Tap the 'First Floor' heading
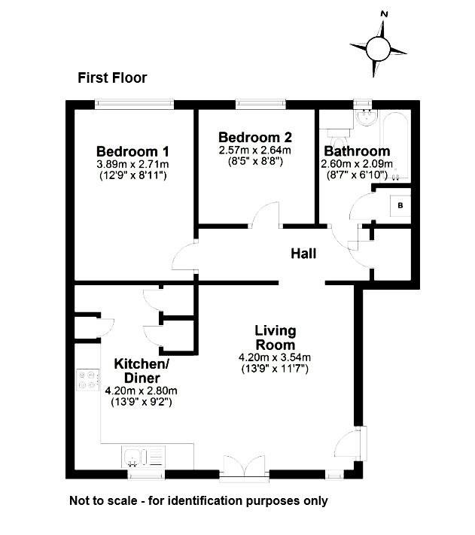[x=112, y=78]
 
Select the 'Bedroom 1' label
[x=132, y=151]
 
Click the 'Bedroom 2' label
[x=254, y=138]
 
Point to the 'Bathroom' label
[x=356, y=151]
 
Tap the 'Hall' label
[x=303, y=254]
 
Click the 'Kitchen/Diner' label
[x=142, y=371]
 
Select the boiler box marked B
[x=400, y=204]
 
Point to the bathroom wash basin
[x=367, y=119]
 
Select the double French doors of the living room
[x=245, y=467]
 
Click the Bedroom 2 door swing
[x=264, y=217]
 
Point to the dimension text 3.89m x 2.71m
[x=132, y=164]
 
